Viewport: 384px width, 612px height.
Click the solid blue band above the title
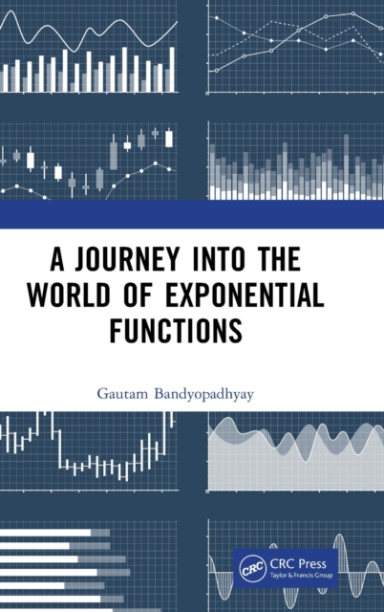(x=192, y=214)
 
